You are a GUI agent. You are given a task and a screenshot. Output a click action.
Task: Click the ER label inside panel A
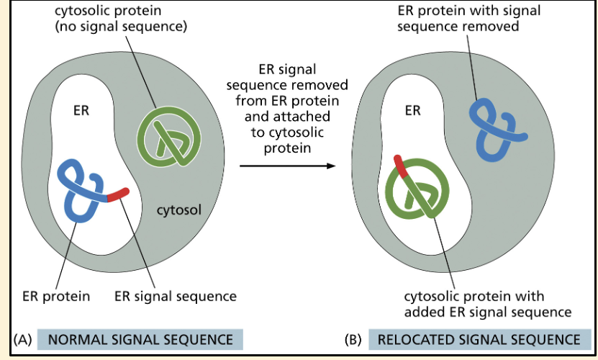tap(81, 112)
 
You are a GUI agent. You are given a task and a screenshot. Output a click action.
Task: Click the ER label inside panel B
tap(412, 111)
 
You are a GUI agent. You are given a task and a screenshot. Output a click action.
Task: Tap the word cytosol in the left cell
tap(179, 210)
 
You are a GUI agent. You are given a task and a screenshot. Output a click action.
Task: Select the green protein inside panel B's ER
tap(417, 191)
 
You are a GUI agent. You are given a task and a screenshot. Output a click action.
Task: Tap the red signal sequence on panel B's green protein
tap(401, 166)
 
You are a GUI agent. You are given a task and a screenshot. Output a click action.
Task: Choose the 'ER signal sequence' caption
tap(176, 296)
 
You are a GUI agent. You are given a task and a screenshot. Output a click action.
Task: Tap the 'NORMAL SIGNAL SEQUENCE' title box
tap(135, 339)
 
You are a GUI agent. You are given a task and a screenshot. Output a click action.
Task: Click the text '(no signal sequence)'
tap(121, 27)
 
